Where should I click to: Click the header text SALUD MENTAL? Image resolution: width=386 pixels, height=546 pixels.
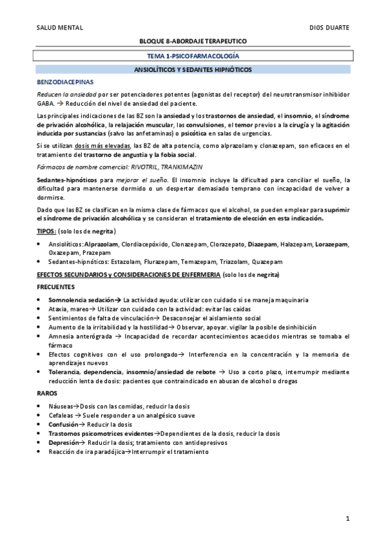coord(60,28)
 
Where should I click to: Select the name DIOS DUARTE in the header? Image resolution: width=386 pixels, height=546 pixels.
coord(329,28)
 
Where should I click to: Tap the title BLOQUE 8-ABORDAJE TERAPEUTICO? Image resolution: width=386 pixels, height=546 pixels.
coord(193,41)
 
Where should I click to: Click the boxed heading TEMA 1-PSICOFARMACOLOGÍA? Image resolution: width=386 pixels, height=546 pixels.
coord(193,56)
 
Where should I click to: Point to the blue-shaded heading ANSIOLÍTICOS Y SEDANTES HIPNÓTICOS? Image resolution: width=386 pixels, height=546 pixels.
coord(193,69)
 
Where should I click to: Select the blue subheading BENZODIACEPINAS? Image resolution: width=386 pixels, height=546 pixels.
coord(65,82)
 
